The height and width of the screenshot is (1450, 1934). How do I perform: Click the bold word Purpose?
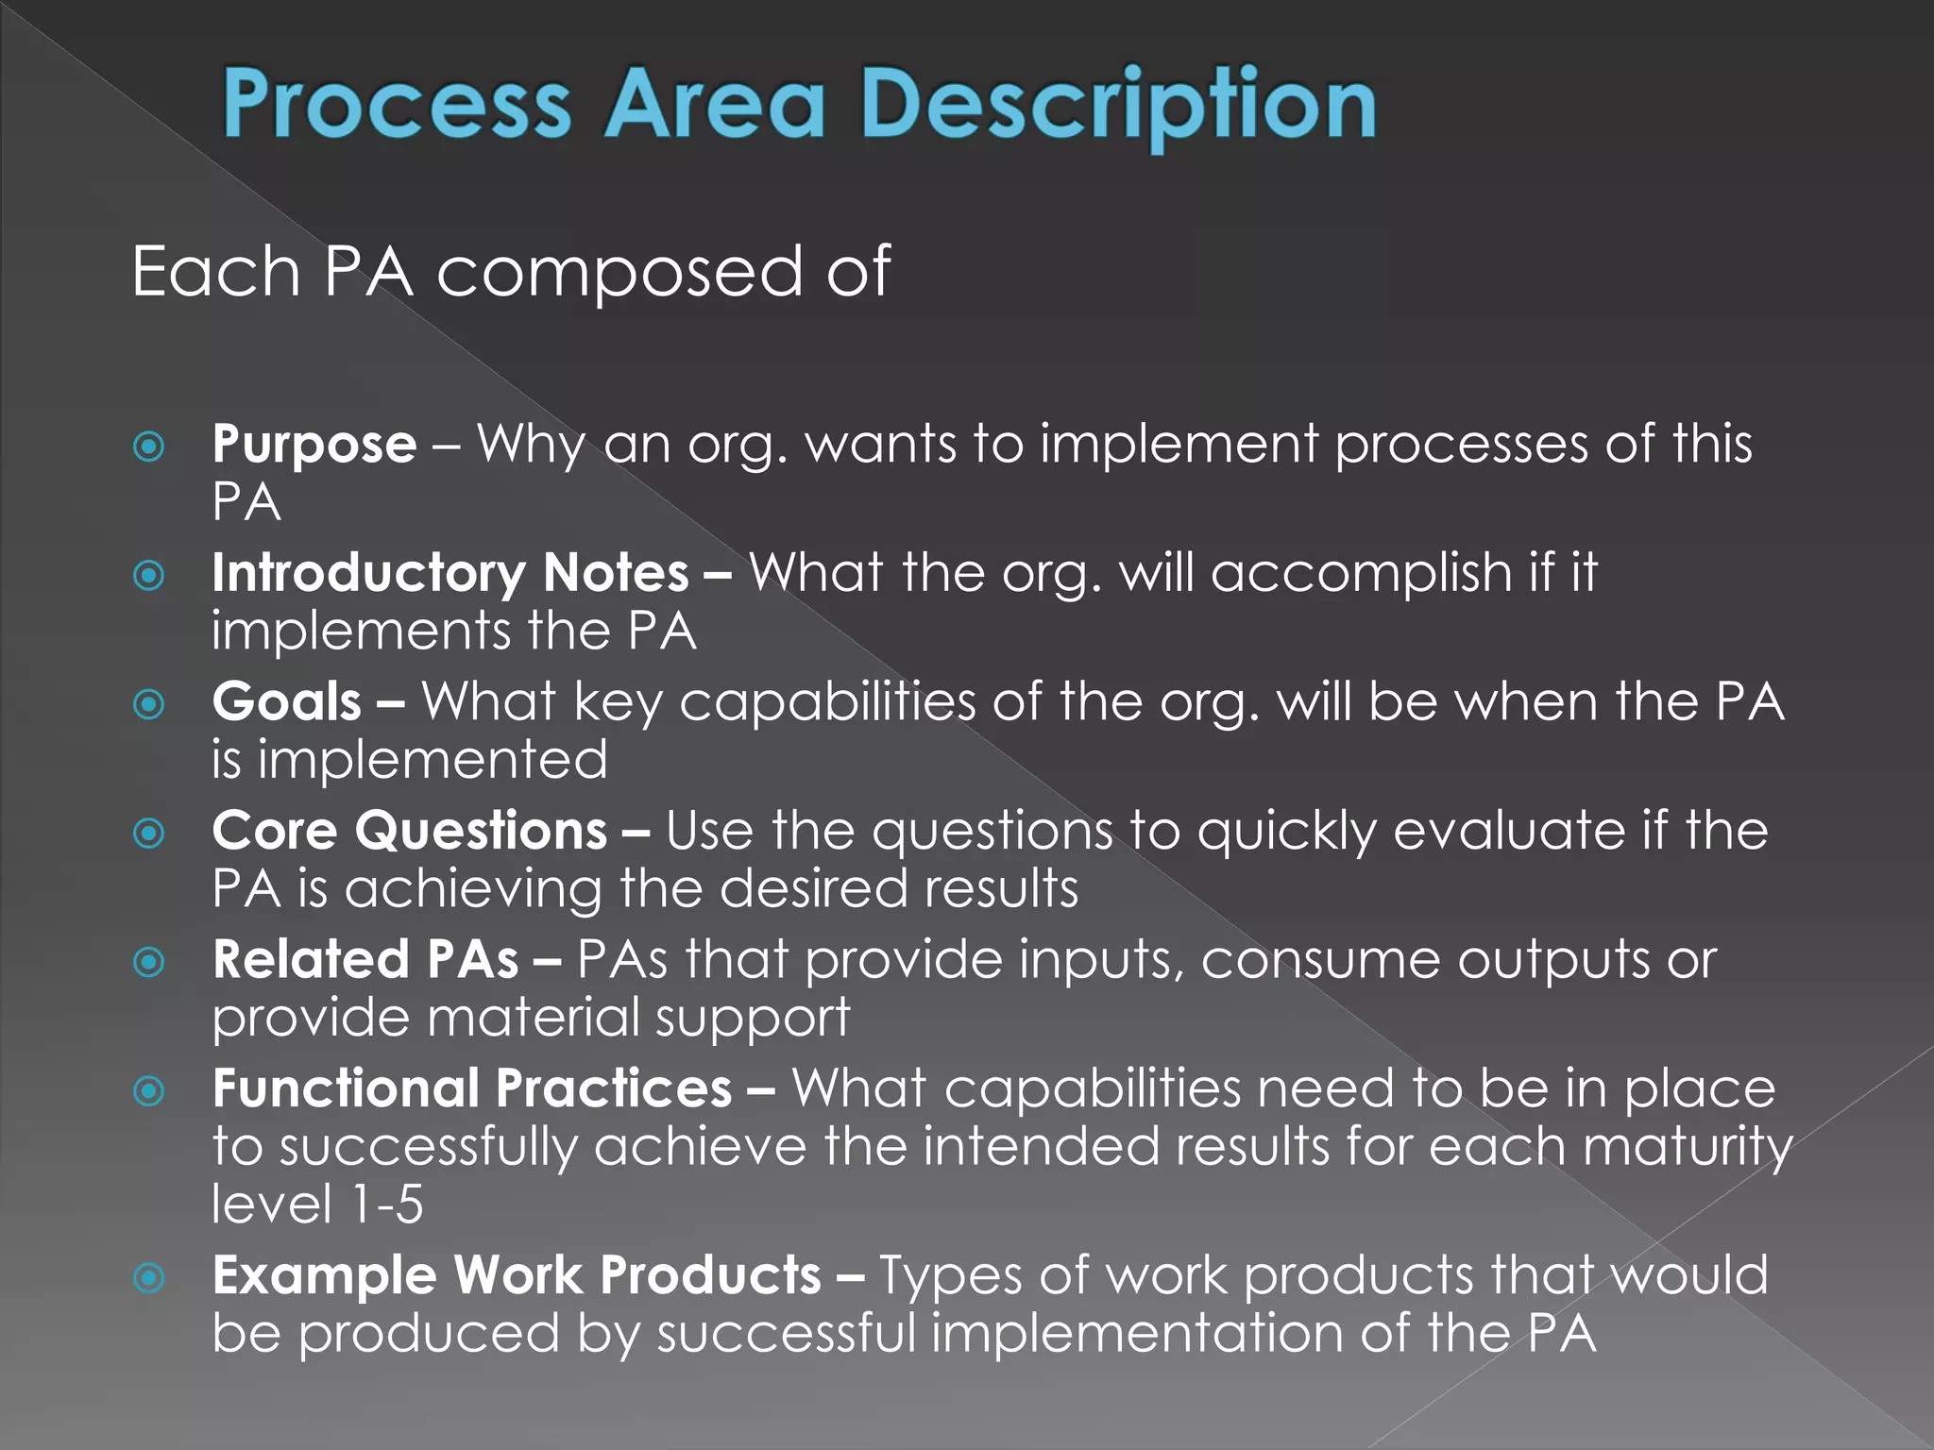coord(314,444)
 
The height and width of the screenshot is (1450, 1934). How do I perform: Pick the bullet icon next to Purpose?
coord(149,446)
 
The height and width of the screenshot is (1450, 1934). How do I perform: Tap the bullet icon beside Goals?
coord(149,703)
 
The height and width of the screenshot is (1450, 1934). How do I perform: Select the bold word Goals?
coord(287,702)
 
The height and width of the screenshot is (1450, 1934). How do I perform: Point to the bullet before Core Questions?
coord(149,833)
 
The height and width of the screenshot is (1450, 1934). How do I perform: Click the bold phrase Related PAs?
coord(365,960)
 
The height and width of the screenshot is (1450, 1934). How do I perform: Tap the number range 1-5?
coord(386,1205)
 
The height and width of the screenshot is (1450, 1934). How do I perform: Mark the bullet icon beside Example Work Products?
coord(149,1278)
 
